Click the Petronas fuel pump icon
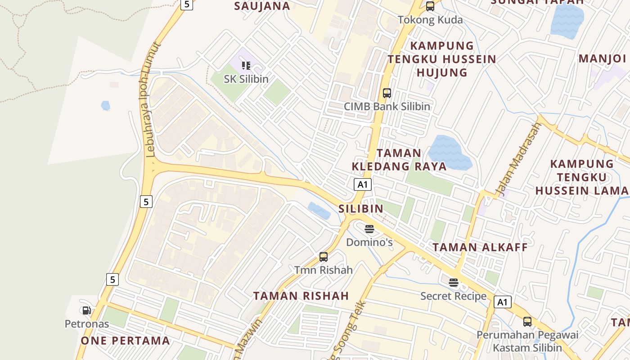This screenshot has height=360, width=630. (x=86, y=310)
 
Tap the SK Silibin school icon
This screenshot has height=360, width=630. (x=246, y=66)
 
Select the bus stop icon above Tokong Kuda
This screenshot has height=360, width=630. (x=430, y=6)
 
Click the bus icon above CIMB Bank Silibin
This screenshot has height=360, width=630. (x=387, y=93)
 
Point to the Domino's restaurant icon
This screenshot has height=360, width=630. (x=369, y=229)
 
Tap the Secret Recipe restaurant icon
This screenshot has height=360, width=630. (x=454, y=283)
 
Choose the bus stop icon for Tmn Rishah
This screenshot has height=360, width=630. (x=324, y=257)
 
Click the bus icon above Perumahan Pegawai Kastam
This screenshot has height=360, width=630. (x=527, y=322)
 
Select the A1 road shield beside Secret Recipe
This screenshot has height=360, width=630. (x=503, y=302)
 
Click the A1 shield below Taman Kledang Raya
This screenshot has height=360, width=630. (x=363, y=184)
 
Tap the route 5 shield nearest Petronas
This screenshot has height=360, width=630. (x=112, y=279)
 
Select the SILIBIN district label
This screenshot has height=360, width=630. (x=361, y=208)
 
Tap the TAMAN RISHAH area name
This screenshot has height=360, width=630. (x=301, y=296)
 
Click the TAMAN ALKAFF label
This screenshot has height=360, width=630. (x=480, y=247)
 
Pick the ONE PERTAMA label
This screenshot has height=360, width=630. (x=126, y=341)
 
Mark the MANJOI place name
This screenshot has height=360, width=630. (x=603, y=58)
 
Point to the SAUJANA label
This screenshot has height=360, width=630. (x=262, y=6)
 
